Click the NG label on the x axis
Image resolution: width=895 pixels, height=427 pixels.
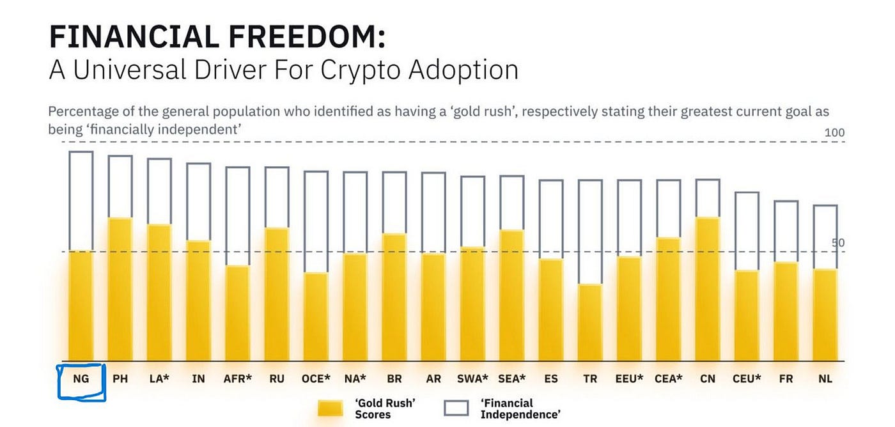click(81, 379)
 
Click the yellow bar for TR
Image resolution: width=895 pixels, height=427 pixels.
click(590, 323)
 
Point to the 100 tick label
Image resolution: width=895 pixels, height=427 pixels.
click(835, 133)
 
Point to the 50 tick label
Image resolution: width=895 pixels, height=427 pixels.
click(838, 243)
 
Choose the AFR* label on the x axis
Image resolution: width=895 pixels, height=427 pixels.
click(238, 379)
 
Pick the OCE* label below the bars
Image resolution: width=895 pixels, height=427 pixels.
click(316, 379)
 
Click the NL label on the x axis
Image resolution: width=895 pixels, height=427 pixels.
click(825, 379)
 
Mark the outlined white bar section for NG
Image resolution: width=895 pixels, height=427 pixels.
click(81, 201)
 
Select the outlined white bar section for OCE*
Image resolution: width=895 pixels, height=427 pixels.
click(316, 222)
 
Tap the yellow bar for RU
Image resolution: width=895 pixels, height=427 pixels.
click(277, 294)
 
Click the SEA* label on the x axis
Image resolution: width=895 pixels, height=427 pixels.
click(512, 379)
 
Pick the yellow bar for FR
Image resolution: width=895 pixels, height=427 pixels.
click(786, 311)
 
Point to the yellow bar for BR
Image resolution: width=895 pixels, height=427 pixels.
click(394, 297)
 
